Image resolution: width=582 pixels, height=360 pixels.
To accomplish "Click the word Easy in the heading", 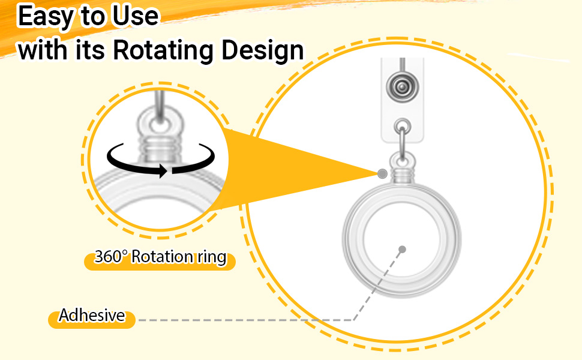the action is tap(45, 17).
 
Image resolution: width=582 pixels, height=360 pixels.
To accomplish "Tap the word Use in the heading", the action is tap(136, 16).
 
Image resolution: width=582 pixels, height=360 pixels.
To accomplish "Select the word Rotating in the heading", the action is tap(163, 50).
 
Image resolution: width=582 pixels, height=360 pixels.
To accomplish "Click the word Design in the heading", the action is tap(263, 50).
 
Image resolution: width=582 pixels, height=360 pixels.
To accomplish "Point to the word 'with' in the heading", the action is tap(43, 50).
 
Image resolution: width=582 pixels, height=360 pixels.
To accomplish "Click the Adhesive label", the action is tap(92, 316).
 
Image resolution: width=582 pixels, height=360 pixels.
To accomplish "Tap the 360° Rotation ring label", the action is tap(160, 257).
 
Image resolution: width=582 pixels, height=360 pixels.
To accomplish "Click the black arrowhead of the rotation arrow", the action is tap(163, 171).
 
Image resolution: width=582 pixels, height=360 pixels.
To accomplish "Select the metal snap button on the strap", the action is tap(401, 87).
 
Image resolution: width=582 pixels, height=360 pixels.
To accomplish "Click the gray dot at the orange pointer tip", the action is tap(382, 173).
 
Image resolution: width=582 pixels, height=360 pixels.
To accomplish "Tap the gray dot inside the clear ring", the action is tap(402, 250).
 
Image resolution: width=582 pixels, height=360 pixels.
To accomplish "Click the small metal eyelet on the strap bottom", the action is tap(403, 126).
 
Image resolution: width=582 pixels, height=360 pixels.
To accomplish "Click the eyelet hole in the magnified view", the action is tap(160, 124).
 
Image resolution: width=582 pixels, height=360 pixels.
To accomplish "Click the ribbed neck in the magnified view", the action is tap(160, 148).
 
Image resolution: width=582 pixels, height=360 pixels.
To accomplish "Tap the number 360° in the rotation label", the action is tap(111, 256).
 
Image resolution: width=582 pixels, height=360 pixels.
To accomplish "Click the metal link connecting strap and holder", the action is tap(403, 143).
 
